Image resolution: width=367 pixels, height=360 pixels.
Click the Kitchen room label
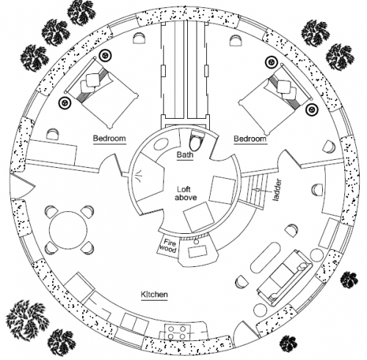[x=154, y=294]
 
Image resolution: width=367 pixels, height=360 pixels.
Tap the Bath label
[x=185, y=155]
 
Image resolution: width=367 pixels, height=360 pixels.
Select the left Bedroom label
[x=109, y=139]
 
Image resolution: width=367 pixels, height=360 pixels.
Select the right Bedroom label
[x=250, y=139]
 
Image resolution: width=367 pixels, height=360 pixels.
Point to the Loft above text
[x=186, y=194]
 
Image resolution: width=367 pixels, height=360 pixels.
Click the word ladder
[x=277, y=191]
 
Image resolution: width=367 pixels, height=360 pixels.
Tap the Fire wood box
[x=167, y=246]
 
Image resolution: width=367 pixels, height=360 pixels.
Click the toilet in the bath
[x=197, y=141]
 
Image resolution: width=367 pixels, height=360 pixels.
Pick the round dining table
[x=68, y=230]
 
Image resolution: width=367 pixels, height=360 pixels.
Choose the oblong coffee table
[x=266, y=258]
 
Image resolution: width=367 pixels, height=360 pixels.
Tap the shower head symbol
[x=139, y=176]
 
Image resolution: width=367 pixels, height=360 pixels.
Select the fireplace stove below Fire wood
[x=198, y=251]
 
